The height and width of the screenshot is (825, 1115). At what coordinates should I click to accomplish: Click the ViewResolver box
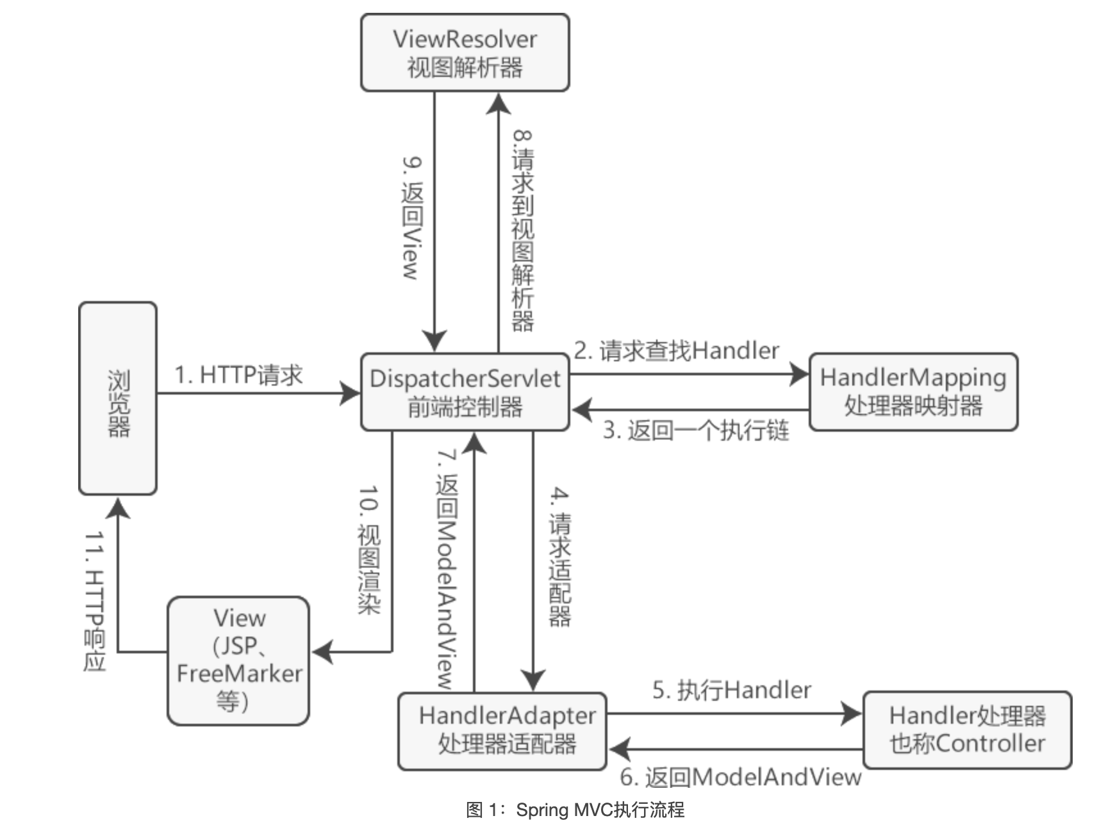[x=465, y=53]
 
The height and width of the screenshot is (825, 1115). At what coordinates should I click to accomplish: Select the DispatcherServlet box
[x=465, y=391]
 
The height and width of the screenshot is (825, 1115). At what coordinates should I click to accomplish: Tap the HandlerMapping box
[x=913, y=391]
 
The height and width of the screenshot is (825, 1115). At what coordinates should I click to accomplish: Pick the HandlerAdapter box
[x=502, y=730]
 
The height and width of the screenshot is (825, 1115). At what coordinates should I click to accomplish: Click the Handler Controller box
[x=967, y=730]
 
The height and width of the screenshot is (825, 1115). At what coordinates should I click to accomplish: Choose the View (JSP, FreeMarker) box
[x=238, y=660]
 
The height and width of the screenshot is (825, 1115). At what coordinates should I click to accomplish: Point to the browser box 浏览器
[x=118, y=398]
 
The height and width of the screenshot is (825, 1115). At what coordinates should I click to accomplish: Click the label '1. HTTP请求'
[x=238, y=375]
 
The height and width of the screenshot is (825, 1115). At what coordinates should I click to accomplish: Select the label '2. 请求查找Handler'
[x=676, y=351]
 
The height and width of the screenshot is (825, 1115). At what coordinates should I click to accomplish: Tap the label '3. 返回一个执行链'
[x=695, y=430]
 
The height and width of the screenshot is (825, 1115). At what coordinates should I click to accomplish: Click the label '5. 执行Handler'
[x=731, y=690]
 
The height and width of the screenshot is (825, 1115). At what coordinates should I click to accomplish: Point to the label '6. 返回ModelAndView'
[x=740, y=777]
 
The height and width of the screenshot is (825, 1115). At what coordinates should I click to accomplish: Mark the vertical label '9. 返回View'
[x=412, y=218]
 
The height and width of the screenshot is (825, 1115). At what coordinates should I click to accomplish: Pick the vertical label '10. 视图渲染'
[x=369, y=550]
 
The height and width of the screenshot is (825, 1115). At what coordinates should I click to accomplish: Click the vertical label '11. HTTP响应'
[x=95, y=600]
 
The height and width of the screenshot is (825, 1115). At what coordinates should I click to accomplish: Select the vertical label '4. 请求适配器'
[x=559, y=556]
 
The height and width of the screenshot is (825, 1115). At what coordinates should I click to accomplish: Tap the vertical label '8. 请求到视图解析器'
[x=522, y=231]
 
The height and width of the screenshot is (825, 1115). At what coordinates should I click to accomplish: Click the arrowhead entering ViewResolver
[x=498, y=102]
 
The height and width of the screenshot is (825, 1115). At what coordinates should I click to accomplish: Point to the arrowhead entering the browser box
[x=118, y=508]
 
